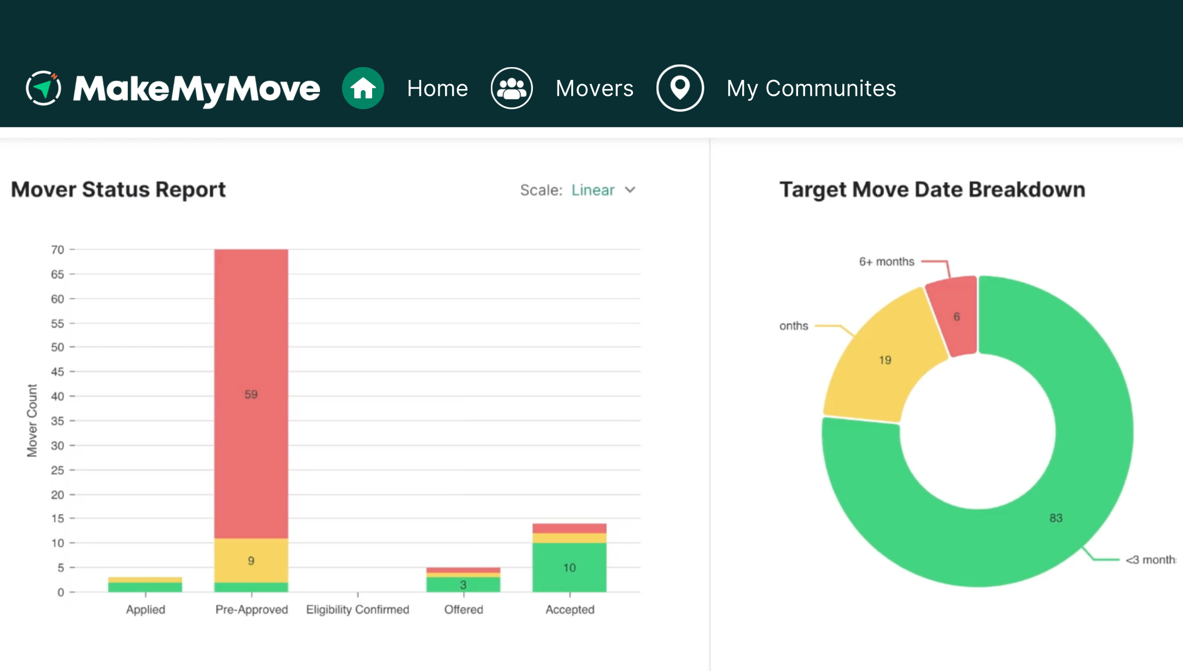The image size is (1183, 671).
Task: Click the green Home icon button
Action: (363, 88)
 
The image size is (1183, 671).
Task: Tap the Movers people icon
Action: (512, 88)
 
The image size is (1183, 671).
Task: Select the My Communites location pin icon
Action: (680, 88)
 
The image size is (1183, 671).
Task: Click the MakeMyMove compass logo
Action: (44, 88)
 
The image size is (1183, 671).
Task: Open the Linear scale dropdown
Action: (603, 190)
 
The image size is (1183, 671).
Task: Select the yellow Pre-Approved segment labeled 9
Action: (251, 560)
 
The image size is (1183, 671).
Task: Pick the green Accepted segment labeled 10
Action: (569, 567)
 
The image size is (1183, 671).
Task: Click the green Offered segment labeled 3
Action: (463, 585)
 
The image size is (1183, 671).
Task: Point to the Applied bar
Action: (145, 585)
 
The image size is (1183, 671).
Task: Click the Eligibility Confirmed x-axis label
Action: (357, 609)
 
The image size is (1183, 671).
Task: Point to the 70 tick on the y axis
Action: (57, 249)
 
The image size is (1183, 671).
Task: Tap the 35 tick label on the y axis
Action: (57, 421)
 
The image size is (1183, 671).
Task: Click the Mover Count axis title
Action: (32, 420)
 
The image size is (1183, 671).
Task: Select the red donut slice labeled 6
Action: (956, 317)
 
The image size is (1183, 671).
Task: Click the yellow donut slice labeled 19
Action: (885, 360)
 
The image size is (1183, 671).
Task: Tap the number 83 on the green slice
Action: (1056, 518)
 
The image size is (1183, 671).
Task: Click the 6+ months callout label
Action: (886, 261)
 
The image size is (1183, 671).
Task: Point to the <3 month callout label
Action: (1150, 560)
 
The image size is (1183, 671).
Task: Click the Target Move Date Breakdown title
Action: (932, 190)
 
